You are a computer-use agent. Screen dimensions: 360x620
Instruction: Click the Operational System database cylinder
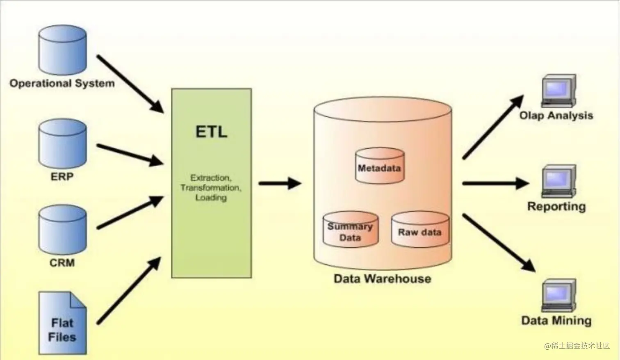[62, 50]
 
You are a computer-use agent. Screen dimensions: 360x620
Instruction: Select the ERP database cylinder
[62, 144]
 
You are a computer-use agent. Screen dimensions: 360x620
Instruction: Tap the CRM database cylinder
[62, 230]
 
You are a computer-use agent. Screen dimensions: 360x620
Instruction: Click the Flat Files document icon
[62, 323]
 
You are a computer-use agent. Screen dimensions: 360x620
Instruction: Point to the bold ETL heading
[211, 132]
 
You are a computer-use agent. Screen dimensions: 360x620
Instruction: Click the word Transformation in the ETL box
[211, 188]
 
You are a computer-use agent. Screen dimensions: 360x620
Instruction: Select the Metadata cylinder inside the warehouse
[379, 166]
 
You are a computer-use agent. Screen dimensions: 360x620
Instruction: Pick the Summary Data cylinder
[350, 230]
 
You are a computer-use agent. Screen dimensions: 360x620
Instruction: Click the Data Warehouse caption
[382, 279]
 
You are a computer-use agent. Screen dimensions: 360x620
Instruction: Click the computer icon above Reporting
[558, 181]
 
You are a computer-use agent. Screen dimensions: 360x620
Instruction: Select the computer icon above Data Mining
[558, 296]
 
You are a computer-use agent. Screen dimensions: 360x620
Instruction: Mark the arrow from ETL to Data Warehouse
[280, 183]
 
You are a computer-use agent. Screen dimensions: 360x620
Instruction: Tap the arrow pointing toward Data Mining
[499, 242]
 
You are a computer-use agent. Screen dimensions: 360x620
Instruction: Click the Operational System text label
[62, 83]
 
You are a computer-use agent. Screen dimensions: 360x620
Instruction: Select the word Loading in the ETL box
[211, 198]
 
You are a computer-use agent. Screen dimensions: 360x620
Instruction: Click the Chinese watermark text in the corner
[577, 346]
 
